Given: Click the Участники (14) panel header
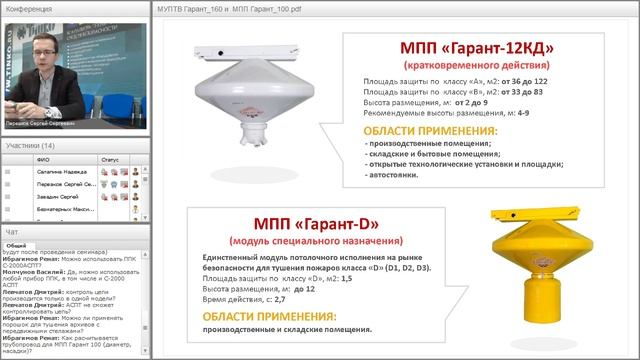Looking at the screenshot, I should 31,145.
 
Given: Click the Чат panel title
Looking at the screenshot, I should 12,232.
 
